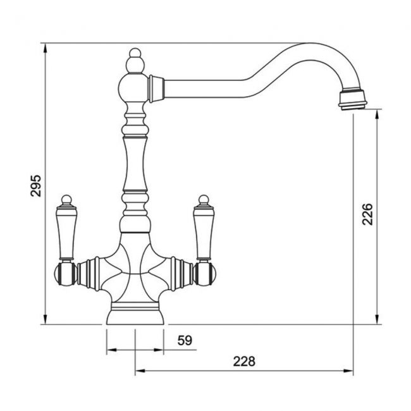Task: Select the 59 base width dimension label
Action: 184,341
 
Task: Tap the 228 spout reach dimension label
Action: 244,361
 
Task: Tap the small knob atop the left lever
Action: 67,200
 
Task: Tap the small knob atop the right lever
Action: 204,200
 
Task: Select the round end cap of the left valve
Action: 63,274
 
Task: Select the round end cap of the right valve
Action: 207,274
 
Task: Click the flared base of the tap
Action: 135,314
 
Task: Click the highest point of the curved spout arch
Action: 310,44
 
